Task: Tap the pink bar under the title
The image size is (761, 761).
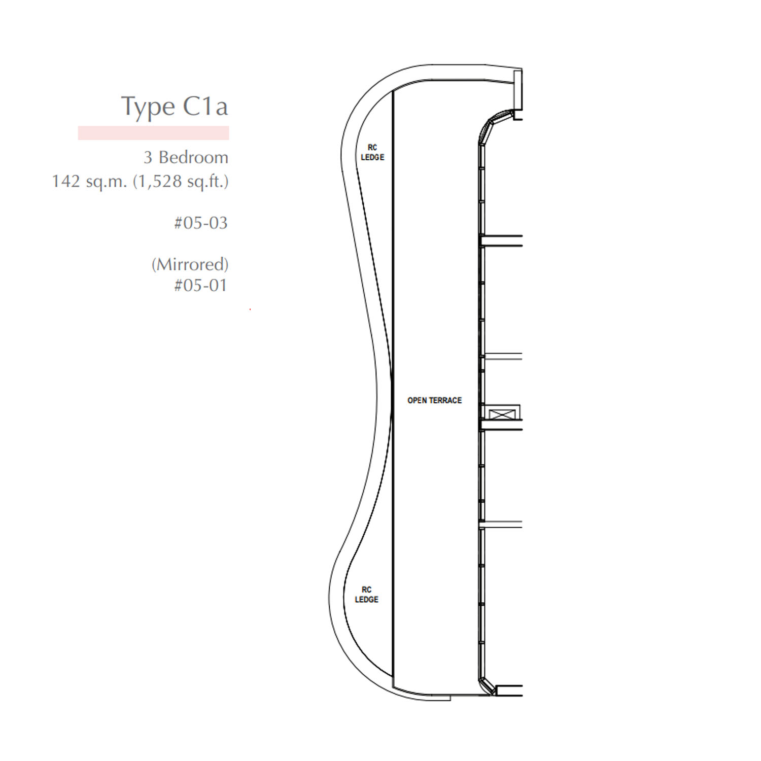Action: pos(153,133)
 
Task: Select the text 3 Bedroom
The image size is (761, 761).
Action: pos(186,157)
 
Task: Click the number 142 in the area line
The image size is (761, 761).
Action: pos(66,181)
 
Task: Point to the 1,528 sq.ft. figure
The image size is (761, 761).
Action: pos(181,182)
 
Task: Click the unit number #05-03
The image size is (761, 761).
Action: pos(201,223)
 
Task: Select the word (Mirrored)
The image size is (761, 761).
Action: pos(190,264)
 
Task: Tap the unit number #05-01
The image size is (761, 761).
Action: pos(200,285)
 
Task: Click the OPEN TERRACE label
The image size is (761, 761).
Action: pos(435,400)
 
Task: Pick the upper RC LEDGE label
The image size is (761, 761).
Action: pos(372,152)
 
